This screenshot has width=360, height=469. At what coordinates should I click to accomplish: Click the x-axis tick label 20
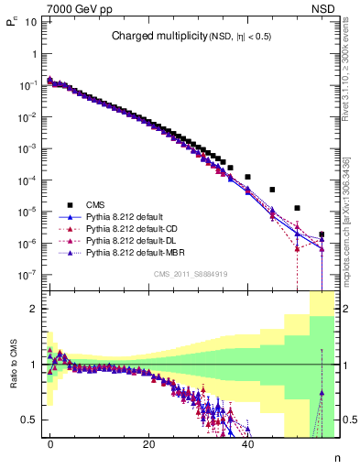pyautogui.click(x=148, y=442)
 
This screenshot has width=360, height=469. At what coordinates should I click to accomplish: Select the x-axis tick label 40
pyautogui.click(x=247, y=442)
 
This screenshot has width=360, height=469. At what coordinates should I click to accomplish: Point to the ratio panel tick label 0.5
pyautogui.click(x=27, y=420)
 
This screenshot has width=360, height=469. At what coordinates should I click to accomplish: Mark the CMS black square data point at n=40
pyautogui.click(x=247, y=176)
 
